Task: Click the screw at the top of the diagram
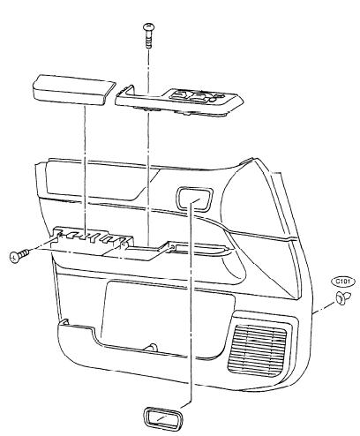pos(147,36)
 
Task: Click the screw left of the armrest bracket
pos(19,255)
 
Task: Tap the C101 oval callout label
pos(343,282)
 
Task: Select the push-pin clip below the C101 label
pos(342,298)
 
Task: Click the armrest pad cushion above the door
pos(72,90)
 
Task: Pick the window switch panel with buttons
pos(179,101)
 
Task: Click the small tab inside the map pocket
pos(151,347)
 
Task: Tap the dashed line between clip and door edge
pos(325,306)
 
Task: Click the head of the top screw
pos(147,26)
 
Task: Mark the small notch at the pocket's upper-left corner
pos(64,321)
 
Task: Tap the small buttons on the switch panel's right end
pos(218,97)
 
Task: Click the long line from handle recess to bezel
pos(190,303)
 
